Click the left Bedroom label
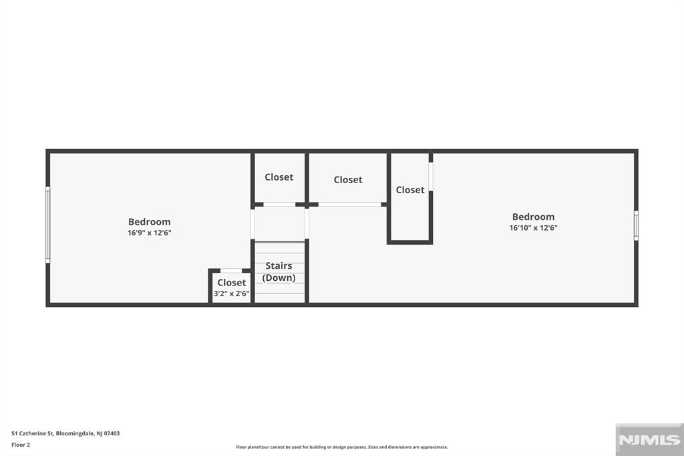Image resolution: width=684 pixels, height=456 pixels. (149, 222)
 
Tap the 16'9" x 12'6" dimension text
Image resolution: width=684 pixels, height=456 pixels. (149, 233)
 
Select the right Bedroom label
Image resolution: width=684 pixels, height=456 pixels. (533, 217)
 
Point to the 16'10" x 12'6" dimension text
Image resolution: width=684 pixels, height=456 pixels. (533, 228)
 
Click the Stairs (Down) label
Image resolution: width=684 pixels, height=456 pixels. (279, 272)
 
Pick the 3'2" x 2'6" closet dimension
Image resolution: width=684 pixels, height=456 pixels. (231, 294)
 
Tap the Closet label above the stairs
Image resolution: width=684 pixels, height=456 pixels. (279, 177)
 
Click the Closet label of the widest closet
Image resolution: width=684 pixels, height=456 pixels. (348, 180)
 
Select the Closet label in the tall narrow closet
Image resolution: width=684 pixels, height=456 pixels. (410, 190)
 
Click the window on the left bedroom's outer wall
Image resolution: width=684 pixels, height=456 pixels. (48, 225)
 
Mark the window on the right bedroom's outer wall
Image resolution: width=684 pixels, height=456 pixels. (636, 225)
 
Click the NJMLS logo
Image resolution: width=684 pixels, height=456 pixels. (649, 440)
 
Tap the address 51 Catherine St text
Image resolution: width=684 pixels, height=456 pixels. (65, 433)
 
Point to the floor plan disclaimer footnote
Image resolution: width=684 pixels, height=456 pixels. (341, 447)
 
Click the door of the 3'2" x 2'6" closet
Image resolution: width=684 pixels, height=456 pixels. (231, 271)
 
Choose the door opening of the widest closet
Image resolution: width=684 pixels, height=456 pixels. (349, 204)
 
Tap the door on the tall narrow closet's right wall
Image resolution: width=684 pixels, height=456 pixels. (431, 177)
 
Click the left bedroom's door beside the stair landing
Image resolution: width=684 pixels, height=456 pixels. (252, 225)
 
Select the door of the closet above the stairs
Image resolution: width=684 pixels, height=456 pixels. (279, 204)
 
